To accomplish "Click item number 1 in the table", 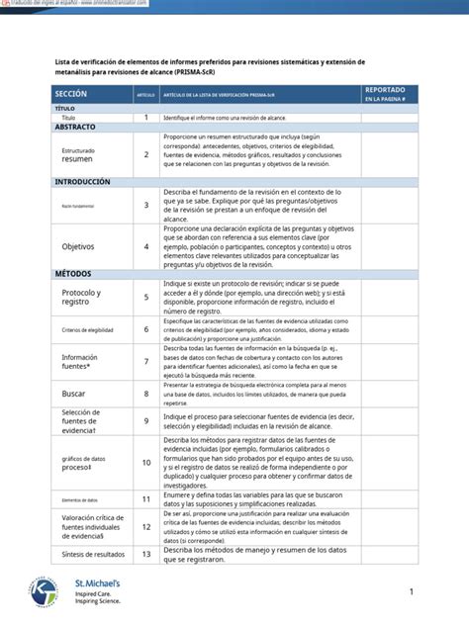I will (145, 117).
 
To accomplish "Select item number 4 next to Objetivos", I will (145, 246).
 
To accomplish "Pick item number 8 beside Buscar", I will (145, 394).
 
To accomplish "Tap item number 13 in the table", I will (145, 554).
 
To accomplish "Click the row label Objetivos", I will (79, 246).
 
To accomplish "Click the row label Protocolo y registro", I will (81, 298).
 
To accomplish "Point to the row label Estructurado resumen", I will (78, 154).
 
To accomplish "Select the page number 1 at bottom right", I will (411, 591).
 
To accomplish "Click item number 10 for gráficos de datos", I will (145, 462).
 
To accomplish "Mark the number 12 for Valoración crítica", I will (145, 527).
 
